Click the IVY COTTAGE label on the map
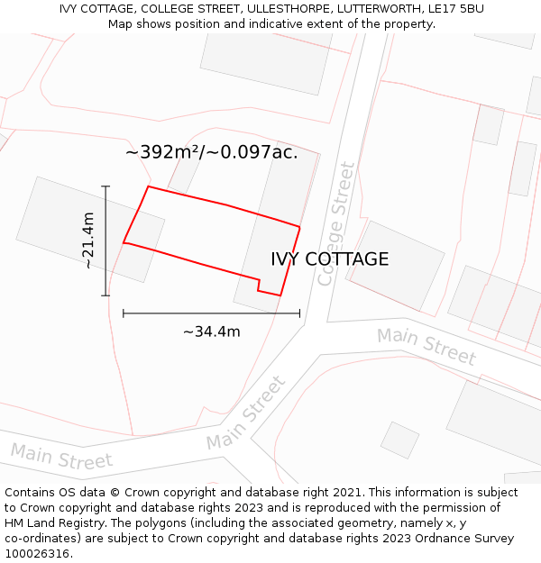(x=330, y=259)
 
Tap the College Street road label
(x=335, y=223)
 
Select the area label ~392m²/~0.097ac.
(x=211, y=152)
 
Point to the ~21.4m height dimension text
(x=87, y=241)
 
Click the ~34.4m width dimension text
(x=212, y=331)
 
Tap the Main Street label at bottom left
(x=61, y=457)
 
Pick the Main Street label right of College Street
(x=426, y=347)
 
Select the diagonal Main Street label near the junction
(x=246, y=413)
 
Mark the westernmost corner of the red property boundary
(x=124, y=242)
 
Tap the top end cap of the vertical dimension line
(x=105, y=186)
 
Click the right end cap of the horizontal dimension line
(x=299, y=313)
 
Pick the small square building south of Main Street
(x=399, y=440)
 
